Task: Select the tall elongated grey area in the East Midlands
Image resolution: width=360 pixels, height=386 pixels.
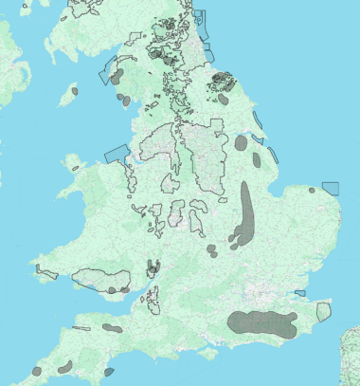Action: tap(246, 213)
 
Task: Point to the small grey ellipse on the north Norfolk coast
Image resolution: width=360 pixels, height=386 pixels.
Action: tap(312, 190)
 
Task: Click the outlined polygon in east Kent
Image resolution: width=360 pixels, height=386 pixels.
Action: tap(323, 310)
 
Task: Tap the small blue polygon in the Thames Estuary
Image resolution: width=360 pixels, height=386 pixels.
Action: tap(299, 292)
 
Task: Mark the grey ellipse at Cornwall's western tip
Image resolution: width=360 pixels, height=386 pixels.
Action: tap(36, 370)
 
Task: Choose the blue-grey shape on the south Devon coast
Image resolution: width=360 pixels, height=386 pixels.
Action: tap(108, 371)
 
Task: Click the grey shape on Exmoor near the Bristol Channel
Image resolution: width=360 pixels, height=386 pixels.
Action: tap(113, 327)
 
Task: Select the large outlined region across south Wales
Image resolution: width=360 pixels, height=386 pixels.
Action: tap(99, 279)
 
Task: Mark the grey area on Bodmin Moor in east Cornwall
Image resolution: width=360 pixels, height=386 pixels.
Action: tap(66, 365)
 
